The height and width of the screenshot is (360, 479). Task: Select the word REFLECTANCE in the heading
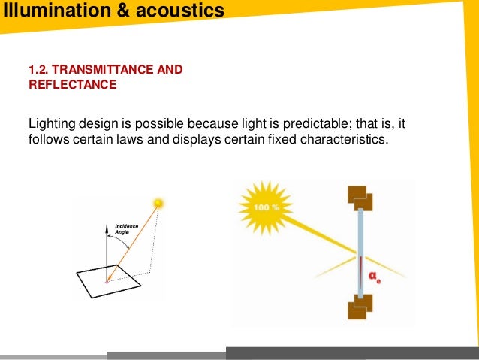[x=72, y=85]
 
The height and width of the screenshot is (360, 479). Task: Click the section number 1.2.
[x=38, y=71]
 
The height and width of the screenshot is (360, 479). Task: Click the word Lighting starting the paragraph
[x=51, y=123]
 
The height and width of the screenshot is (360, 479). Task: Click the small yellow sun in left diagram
[x=158, y=202]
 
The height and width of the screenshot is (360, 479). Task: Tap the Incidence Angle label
[x=125, y=229]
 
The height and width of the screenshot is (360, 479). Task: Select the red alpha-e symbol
[x=373, y=277]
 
